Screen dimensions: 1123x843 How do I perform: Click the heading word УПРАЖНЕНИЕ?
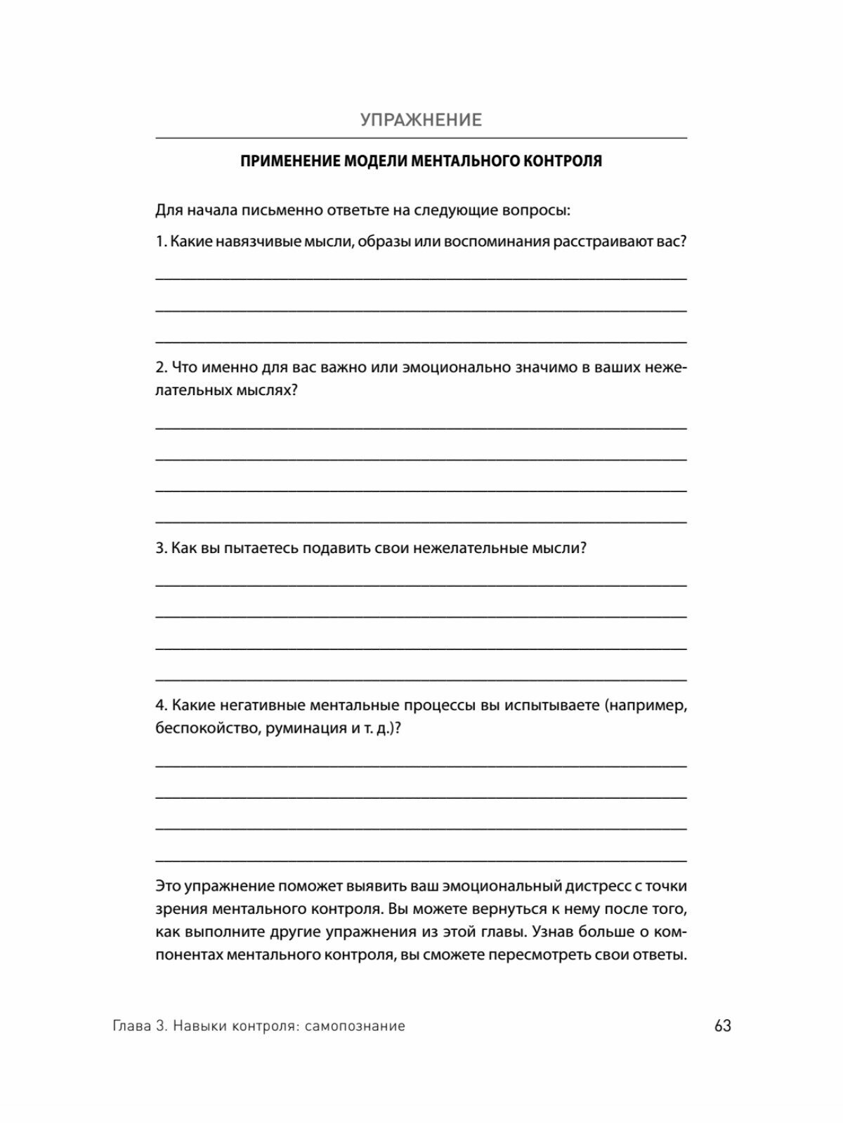[421, 120]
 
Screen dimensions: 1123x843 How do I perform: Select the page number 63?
[723, 1026]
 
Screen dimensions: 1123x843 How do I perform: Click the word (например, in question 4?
[645, 705]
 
